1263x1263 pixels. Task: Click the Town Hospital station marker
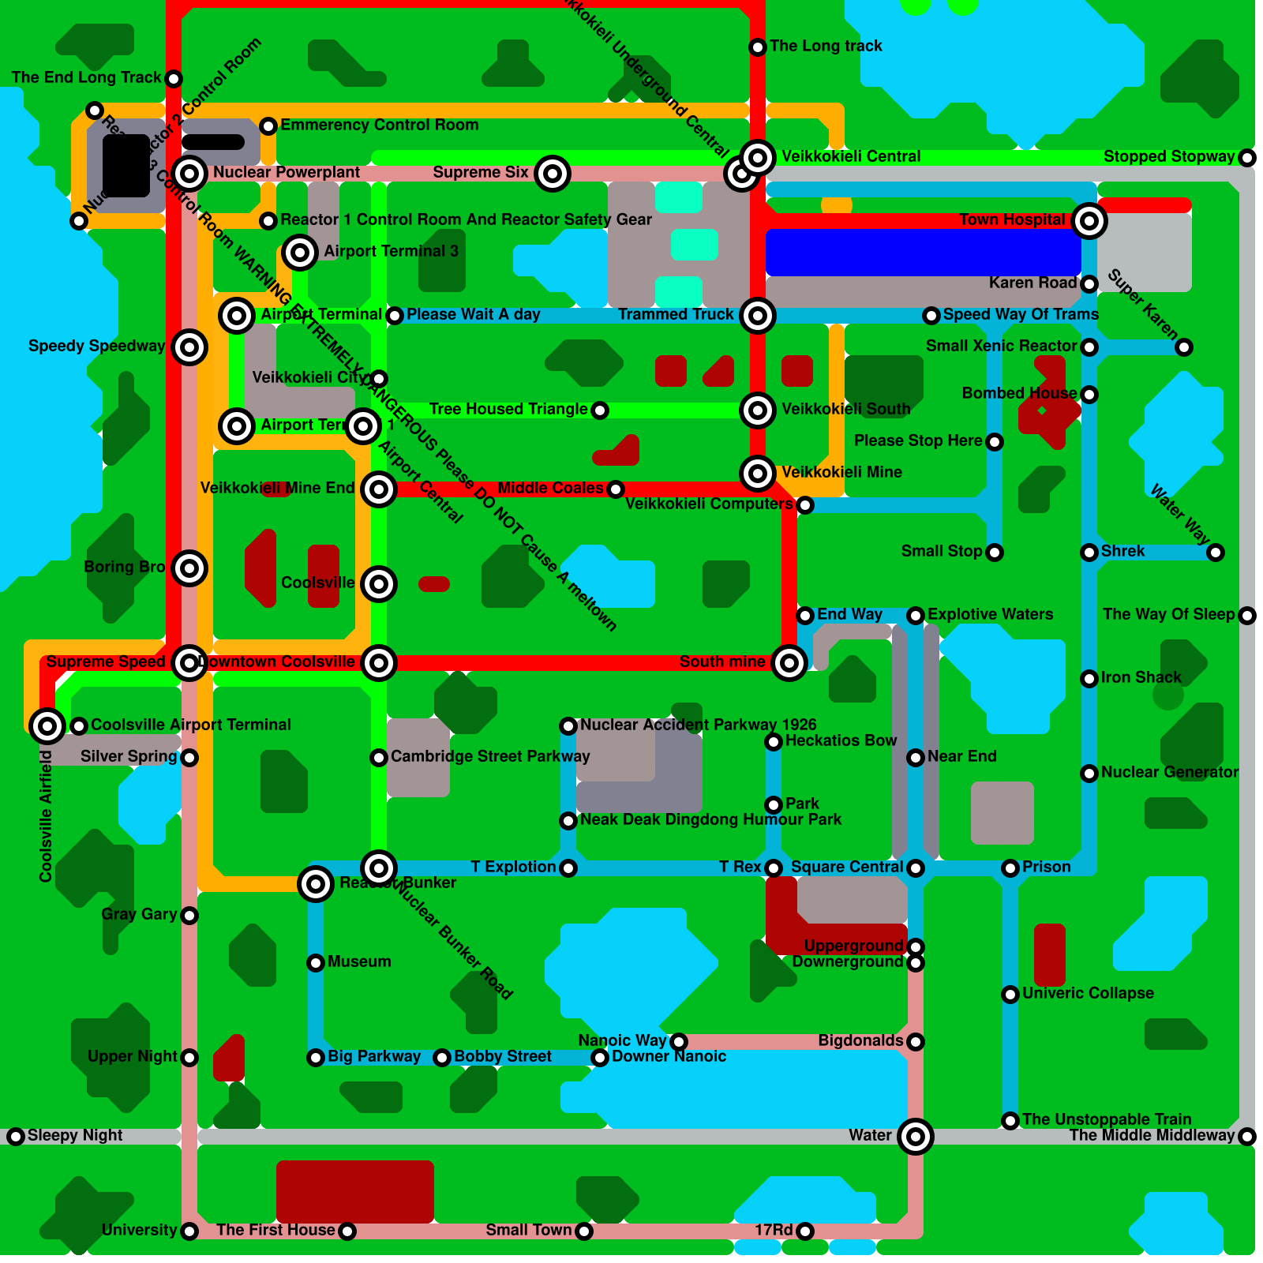1089,221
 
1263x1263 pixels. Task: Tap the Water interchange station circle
916,1137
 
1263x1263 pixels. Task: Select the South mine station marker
789,663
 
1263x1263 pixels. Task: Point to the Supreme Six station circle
553,174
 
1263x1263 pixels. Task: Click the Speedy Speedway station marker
189,347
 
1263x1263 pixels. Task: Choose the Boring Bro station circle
189,568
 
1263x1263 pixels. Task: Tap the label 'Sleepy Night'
75,1135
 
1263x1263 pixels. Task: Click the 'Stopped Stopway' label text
1168,156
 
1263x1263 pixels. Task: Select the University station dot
189,1231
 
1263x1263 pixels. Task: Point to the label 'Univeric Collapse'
1088,993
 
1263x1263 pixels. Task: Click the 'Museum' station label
359,961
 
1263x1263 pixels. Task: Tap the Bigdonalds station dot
916,1042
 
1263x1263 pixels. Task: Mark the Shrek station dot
1089,553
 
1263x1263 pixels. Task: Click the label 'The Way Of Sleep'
1168,614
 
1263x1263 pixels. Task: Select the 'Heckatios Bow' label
841,740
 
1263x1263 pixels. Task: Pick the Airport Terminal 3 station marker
300,253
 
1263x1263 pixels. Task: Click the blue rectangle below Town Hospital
924,253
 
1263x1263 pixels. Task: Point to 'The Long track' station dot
758,47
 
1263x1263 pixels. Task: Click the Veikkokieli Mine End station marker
379,489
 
